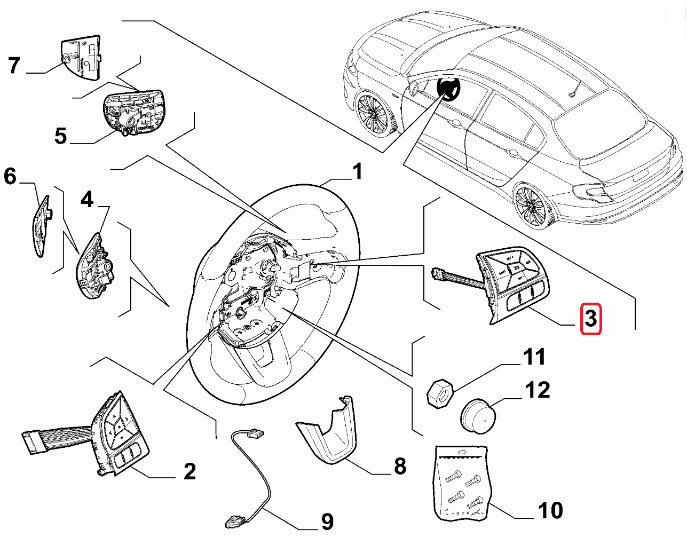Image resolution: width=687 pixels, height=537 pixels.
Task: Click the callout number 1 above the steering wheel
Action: [357, 172]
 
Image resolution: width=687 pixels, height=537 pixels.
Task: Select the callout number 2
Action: [189, 471]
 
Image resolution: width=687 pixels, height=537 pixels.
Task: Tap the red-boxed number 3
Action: [591, 319]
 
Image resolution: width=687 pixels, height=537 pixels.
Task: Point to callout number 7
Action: [14, 66]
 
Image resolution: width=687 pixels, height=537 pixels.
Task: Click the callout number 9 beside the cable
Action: [327, 521]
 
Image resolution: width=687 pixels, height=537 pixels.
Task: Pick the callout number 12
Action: [537, 390]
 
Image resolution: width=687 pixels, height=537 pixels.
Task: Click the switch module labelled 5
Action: [133, 112]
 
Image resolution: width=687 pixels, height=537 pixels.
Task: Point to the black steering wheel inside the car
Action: [448, 89]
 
